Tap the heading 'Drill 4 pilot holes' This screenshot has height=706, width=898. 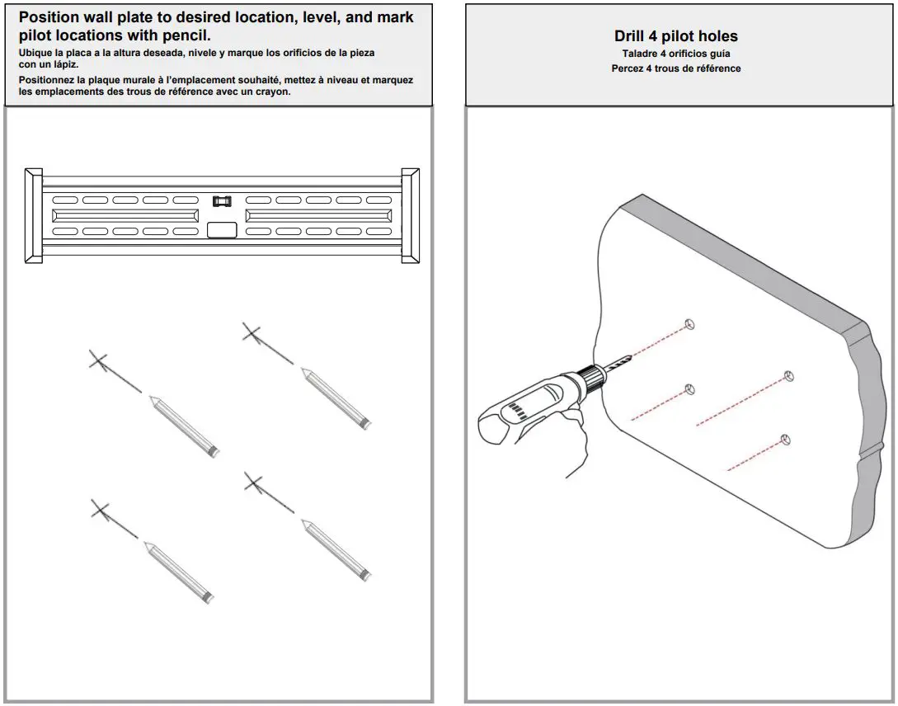[675, 36]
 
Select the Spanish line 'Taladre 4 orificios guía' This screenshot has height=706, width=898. [675, 54]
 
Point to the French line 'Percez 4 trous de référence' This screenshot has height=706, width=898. [675, 68]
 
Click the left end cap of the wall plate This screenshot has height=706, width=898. [34, 215]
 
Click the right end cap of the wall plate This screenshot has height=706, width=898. [410, 215]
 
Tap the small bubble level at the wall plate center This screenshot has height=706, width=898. [222, 200]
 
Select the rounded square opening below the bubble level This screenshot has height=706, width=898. [221, 230]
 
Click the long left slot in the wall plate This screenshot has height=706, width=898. [125, 215]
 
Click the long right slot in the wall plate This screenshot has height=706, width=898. [318, 215]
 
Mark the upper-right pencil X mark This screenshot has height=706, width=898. [252, 333]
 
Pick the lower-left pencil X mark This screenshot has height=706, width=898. [100, 511]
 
